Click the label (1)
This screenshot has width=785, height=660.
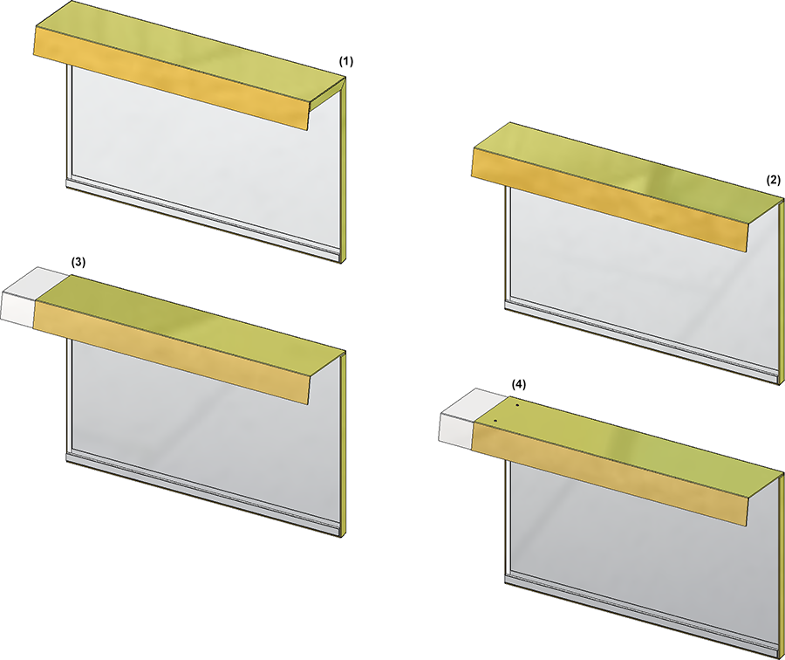(x=346, y=62)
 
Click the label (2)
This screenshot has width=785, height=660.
(x=774, y=181)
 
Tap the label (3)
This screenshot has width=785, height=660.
(x=78, y=262)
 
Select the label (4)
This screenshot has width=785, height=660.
(x=519, y=384)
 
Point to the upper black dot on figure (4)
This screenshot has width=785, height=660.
(x=516, y=404)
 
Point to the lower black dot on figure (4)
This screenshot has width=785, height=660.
(x=495, y=421)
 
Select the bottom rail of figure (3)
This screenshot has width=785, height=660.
(x=205, y=493)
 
